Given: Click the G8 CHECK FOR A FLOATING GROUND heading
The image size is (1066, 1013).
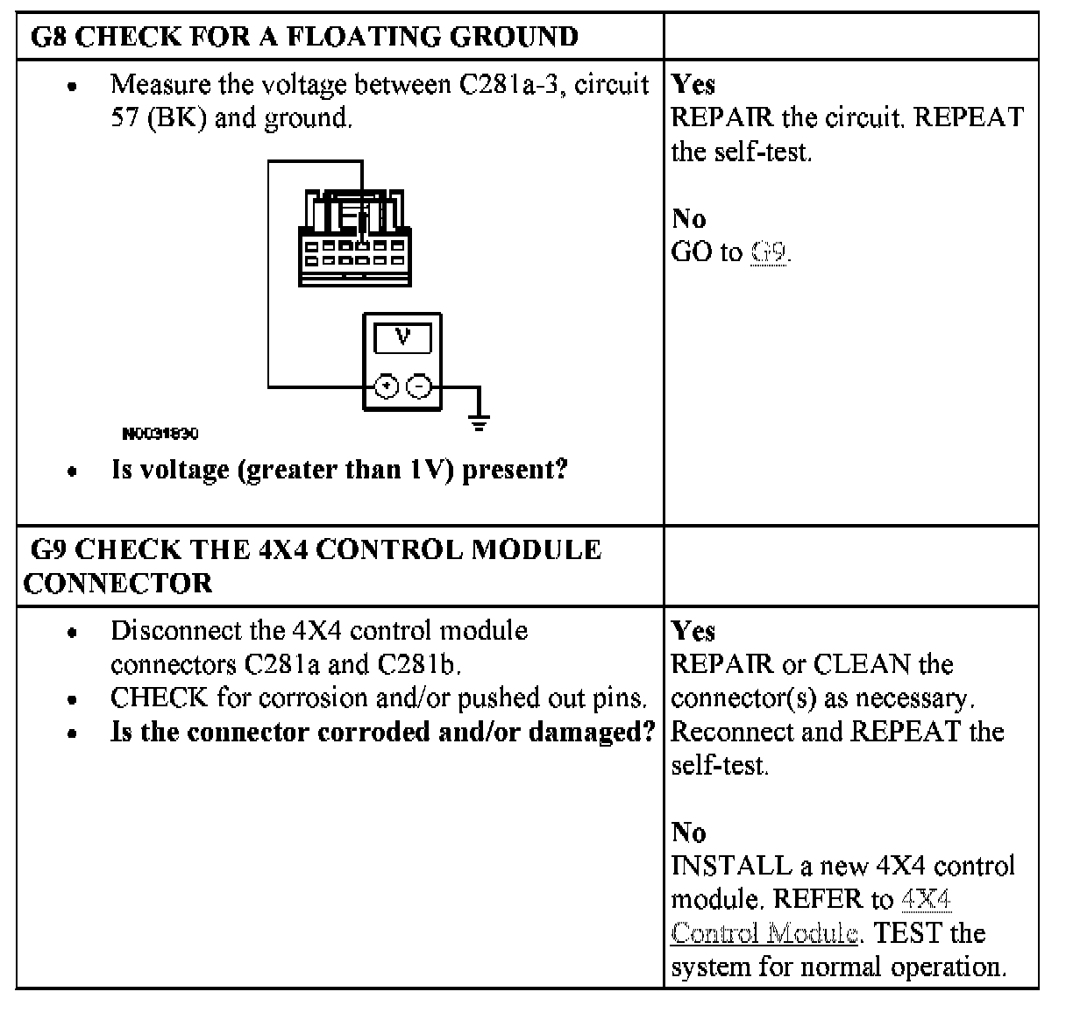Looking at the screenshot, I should pyautogui.click(x=304, y=37).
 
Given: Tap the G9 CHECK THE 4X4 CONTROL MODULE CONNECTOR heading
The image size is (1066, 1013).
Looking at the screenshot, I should pyautogui.click(x=313, y=566).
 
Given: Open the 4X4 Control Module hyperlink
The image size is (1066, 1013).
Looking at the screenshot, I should pyautogui.click(x=811, y=916).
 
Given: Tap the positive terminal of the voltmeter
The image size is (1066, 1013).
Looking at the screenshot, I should pyautogui.click(x=386, y=386).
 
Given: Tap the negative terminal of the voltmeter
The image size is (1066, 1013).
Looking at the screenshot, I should pyautogui.click(x=420, y=386).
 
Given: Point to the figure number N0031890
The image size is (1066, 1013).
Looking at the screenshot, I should pyautogui.click(x=160, y=434).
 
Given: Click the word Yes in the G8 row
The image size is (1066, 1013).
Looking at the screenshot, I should pyautogui.click(x=693, y=85).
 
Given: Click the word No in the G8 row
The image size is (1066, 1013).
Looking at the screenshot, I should pyautogui.click(x=689, y=218).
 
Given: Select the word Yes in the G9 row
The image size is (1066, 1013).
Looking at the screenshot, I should pyautogui.click(x=693, y=631).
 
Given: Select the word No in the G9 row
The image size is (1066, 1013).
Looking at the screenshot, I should pyautogui.click(x=689, y=832).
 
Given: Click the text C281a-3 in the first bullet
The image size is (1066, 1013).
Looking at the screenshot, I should pyautogui.click(x=508, y=85).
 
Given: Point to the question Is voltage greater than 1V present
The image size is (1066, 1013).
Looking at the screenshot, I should pyautogui.click(x=339, y=470).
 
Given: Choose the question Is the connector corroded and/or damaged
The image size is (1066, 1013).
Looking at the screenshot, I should pyautogui.click(x=383, y=732).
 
